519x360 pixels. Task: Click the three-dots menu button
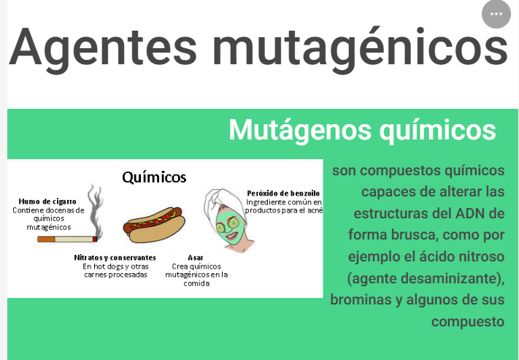pos(496,14)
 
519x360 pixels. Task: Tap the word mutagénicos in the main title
pos(360,50)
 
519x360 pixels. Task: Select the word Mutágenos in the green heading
pos(300,130)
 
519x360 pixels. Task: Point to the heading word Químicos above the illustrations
pos(154,177)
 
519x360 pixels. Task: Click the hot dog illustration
pos(154,225)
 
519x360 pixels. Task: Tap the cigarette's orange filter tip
pos(46,239)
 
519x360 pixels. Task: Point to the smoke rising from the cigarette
pos(96,210)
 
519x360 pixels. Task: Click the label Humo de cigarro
pos(47,202)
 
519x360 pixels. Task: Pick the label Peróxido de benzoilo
pos(283,193)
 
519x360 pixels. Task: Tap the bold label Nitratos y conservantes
pos(115,257)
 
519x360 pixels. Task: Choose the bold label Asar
pos(196,257)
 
